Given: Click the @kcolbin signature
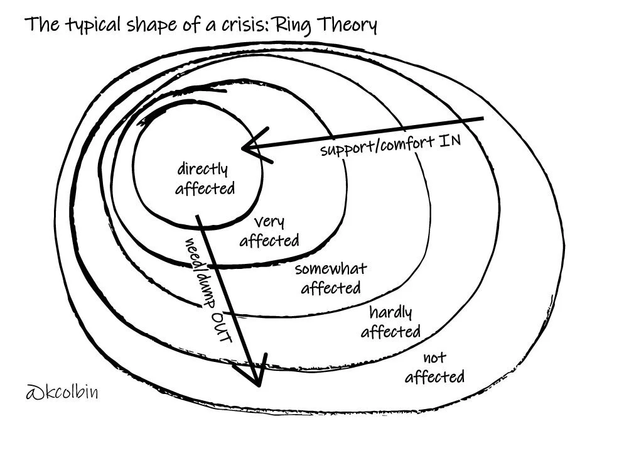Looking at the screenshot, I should click(x=62, y=394).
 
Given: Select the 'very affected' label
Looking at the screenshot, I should click(x=269, y=231).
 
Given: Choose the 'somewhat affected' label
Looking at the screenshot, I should click(x=331, y=278).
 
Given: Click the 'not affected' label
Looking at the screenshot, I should click(x=434, y=368).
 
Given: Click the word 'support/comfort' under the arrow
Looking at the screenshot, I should click(x=377, y=146).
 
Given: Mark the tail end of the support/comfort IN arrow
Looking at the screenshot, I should click(x=482, y=118).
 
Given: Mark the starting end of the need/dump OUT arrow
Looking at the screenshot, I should click(x=198, y=217).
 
